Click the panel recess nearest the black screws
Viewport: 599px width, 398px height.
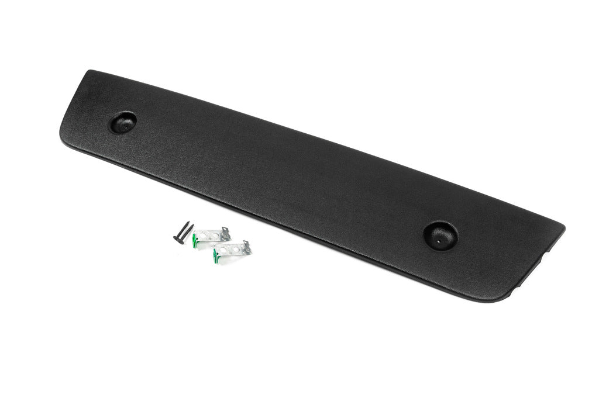click(123, 122)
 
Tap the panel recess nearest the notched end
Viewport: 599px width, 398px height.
click(440, 235)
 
